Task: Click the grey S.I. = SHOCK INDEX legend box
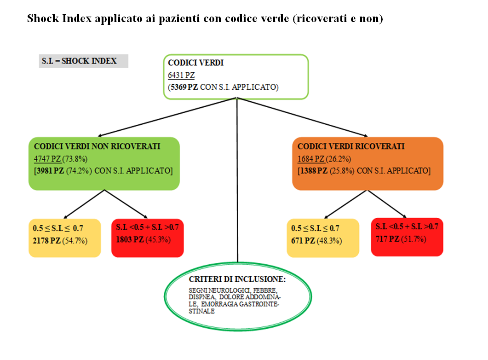click(83, 61)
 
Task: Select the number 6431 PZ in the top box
click(181, 75)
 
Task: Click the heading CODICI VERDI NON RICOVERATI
click(97, 146)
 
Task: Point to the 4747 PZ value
click(47, 159)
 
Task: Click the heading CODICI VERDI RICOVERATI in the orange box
click(351, 146)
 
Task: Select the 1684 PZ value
click(311, 159)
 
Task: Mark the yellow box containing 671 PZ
click(322, 238)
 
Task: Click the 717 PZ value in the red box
click(387, 239)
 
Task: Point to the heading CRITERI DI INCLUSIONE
click(237, 279)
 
